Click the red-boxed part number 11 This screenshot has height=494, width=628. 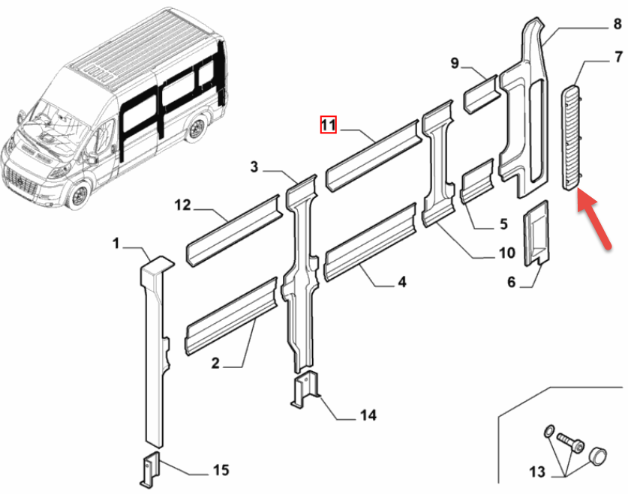[328, 124]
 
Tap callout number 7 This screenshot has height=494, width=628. [618, 57]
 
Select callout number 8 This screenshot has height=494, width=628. [617, 24]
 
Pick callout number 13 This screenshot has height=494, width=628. [537, 472]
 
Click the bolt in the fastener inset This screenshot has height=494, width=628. [571, 442]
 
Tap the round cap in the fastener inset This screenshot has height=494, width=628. [597, 456]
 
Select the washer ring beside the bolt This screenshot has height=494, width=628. [548, 431]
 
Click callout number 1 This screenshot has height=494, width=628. [116, 243]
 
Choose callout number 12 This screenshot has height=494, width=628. [182, 205]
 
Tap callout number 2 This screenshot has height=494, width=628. [215, 364]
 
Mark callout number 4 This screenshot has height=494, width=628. [401, 282]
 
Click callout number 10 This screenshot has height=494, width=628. [506, 253]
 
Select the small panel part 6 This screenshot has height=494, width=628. [536, 233]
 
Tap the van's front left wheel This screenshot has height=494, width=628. [77, 196]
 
